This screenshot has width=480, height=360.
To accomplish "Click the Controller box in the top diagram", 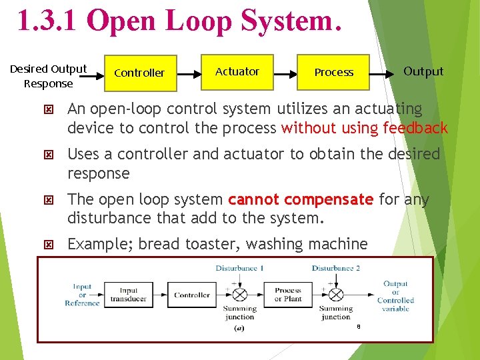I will coord(139,73).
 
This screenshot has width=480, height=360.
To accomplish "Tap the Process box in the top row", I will coord(333,72).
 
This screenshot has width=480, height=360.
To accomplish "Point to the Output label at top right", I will coord(423,71).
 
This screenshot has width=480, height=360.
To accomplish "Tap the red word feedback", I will coord(413,127).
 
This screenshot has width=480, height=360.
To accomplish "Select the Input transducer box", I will coord(129,295).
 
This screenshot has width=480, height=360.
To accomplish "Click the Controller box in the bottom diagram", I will coord(192,295).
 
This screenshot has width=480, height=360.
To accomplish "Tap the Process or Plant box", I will coord(288,295).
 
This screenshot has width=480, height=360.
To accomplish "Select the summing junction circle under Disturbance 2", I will coord(336,295).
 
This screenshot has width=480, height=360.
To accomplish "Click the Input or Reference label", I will coord(82,295).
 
